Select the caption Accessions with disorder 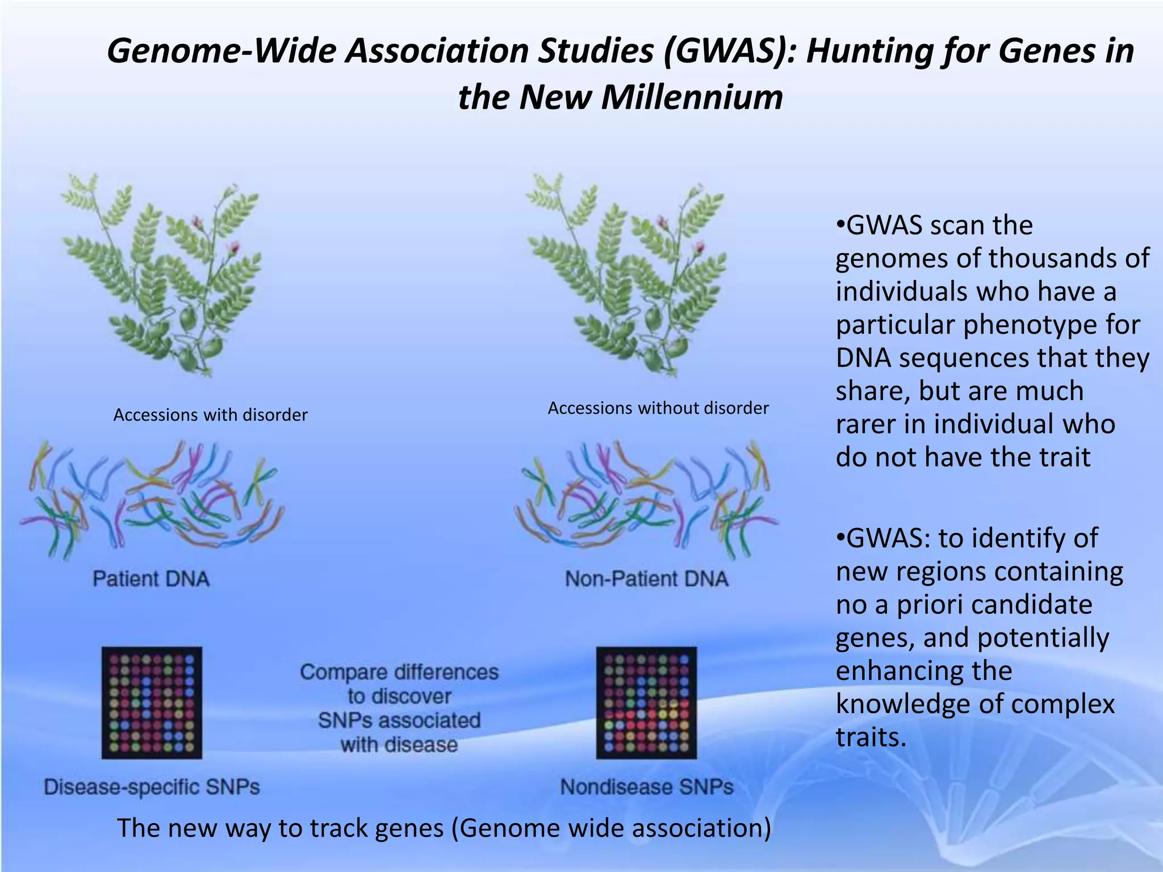[x=210, y=415]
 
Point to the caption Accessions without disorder [x=658, y=408]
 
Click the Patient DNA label [x=151, y=579]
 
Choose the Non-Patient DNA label [x=646, y=579]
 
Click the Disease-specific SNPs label [x=152, y=787]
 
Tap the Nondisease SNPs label [x=646, y=787]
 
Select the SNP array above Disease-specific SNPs [x=152, y=702]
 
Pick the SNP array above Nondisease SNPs [x=646, y=702]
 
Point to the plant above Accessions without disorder [x=627, y=272]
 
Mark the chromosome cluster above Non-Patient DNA [x=646, y=500]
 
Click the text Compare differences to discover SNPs [x=399, y=708]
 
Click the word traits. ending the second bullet [x=870, y=737]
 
